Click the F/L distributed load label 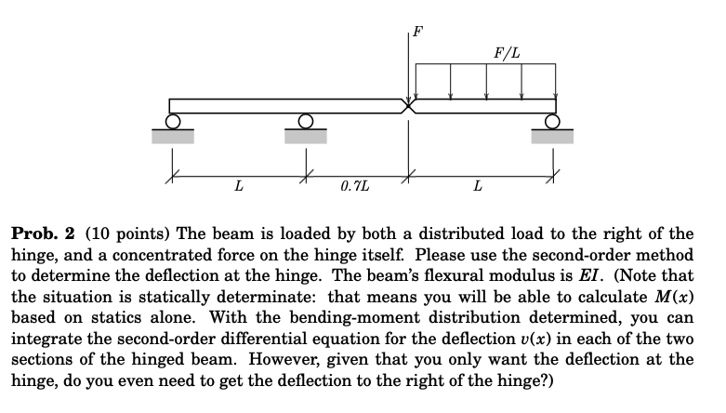508,49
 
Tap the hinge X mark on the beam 407,105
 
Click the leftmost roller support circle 172,121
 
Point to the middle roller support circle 305,121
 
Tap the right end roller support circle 553,121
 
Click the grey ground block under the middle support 305,136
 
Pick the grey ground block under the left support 173,136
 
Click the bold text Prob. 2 43,233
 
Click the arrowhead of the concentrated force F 407,94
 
